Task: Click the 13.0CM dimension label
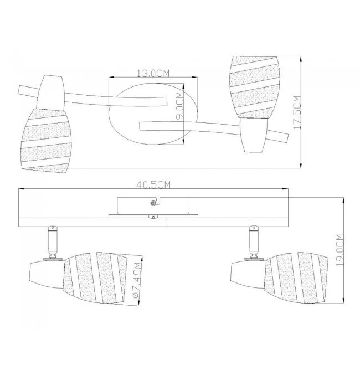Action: pos(153,74)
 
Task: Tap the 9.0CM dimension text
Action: pos(179,105)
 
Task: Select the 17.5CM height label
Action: pos(297,112)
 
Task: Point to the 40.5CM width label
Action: pos(153,185)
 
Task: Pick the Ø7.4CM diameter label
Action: pos(137,280)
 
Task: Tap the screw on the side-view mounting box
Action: pos(153,203)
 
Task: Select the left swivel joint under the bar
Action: pos(53,242)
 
